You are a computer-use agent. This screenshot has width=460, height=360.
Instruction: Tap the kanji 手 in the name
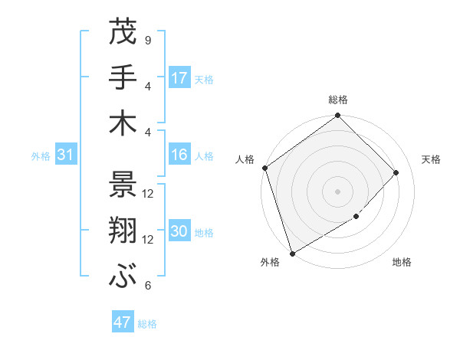pyautogui.click(x=123, y=77)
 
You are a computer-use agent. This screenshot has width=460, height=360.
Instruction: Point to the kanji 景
pyautogui.click(x=123, y=184)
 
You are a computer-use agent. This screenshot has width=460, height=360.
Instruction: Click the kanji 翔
pyautogui.click(x=123, y=230)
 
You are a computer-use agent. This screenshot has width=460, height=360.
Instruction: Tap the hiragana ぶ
pyautogui.click(x=123, y=276)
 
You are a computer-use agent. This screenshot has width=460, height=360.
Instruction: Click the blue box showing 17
pyautogui.click(x=179, y=78)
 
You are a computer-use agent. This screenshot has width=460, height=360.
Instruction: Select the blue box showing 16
pyautogui.click(x=179, y=155)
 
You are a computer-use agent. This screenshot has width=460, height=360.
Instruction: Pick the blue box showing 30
pyautogui.click(x=179, y=232)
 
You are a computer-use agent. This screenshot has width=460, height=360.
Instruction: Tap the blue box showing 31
pyautogui.click(x=66, y=155)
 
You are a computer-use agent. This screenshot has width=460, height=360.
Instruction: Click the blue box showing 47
pyautogui.click(x=123, y=322)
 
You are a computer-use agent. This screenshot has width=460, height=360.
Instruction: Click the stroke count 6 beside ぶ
pyautogui.click(x=147, y=286)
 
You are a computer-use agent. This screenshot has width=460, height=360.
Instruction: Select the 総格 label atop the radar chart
pyautogui.click(x=337, y=100)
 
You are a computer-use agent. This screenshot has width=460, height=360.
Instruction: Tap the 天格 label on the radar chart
pyautogui.click(x=431, y=159)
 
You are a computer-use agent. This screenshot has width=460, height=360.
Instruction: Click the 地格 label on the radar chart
pyautogui.click(x=402, y=263)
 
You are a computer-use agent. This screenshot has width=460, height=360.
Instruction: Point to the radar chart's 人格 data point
pyautogui.click(x=264, y=168)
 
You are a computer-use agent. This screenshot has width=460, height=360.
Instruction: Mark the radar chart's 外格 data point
pyautogui.click(x=292, y=253)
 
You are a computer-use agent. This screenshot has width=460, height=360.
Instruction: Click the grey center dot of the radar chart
pyautogui.click(x=337, y=191)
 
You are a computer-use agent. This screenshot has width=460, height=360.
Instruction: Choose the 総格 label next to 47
pyautogui.click(x=147, y=324)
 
